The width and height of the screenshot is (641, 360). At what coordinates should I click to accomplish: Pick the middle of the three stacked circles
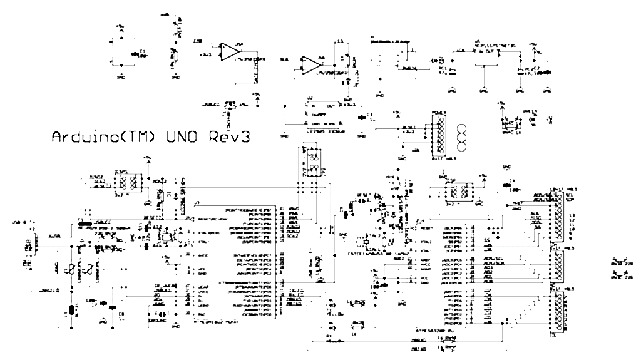pos(463,138)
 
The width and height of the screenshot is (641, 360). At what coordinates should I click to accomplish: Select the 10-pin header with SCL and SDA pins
pos(556,216)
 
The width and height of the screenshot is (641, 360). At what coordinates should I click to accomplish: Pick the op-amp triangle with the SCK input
pos(310,63)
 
